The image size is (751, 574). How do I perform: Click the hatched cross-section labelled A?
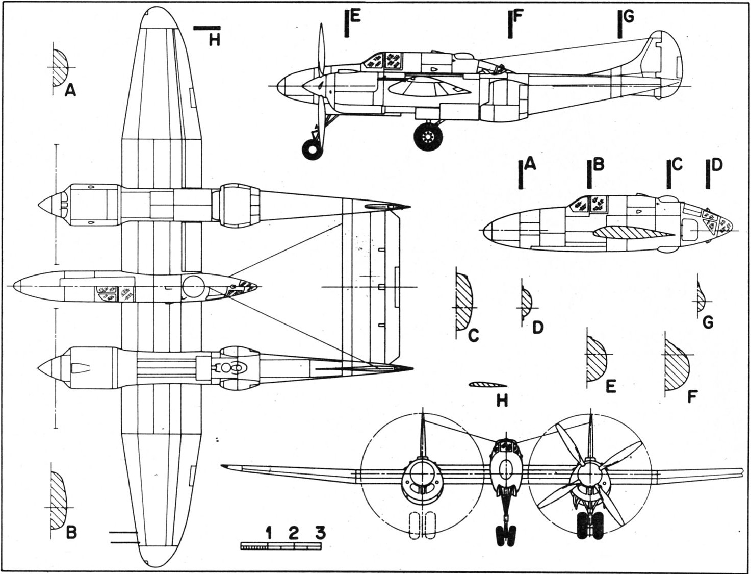(60, 67)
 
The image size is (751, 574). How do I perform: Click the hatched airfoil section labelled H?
(488, 385)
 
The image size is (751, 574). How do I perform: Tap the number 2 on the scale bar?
(293, 533)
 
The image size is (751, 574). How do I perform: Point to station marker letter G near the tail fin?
(629, 16)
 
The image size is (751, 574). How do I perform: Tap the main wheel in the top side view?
(428, 136)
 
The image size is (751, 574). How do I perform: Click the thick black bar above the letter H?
(206, 29)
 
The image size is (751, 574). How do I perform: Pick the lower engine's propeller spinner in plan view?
(50, 368)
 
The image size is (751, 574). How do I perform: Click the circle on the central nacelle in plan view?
(193, 286)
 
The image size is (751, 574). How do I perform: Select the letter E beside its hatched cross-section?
(611, 386)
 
